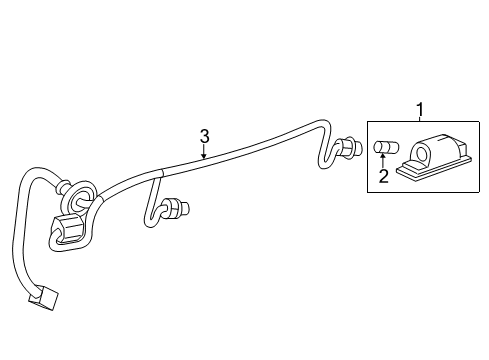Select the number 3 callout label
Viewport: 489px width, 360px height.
(204, 135)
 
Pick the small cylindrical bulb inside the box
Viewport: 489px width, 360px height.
(381, 149)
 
